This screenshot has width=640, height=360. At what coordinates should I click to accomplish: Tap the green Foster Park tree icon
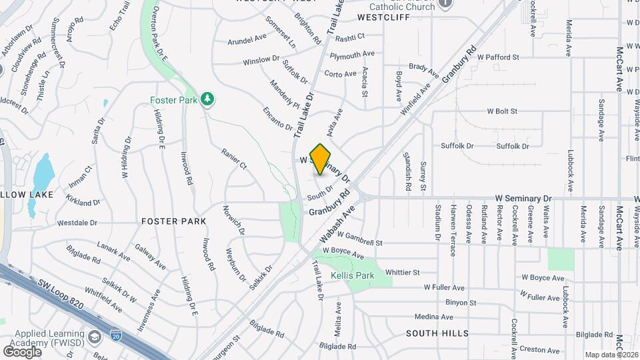click(209, 99)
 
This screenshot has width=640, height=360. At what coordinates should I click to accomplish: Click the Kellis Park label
click(352, 275)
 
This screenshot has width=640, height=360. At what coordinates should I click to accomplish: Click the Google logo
click(22, 351)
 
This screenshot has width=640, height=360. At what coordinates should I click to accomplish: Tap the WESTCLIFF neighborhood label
click(383, 17)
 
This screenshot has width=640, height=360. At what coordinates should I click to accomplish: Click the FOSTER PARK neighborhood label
click(173, 221)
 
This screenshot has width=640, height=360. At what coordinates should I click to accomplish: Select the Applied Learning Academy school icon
click(94, 335)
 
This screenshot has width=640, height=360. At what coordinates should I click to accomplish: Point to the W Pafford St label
click(494, 58)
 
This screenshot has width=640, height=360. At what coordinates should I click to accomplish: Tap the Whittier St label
click(403, 272)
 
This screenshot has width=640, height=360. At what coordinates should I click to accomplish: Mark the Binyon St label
click(461, 302)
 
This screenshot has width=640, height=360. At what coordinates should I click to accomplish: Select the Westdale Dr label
click(77, 223)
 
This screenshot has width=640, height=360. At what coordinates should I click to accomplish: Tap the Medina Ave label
click(433, 317)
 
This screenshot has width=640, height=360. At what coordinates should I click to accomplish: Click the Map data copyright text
click(611, 354)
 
